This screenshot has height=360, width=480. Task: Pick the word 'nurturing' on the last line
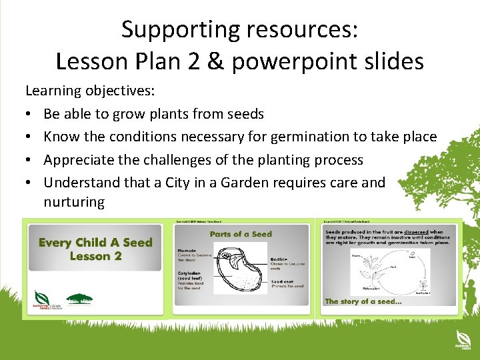click(74, 202)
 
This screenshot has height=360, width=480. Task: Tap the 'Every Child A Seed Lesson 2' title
click(95, 249)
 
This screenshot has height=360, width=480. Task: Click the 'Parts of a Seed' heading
click(241, 234)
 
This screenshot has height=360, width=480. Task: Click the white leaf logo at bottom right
click(461, 337)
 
